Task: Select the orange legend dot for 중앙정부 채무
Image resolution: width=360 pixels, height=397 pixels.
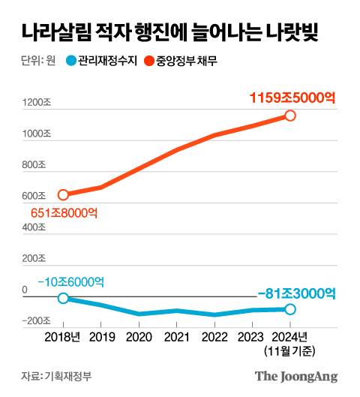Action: pos(148,62)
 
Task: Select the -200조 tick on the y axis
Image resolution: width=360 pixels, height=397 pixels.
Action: pos(36,320)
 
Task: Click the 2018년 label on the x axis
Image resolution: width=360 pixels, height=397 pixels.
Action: pos(66,337)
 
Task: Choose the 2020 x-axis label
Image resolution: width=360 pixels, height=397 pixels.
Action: pos(139,337)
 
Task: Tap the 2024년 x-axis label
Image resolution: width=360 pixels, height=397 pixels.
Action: pos(289,337)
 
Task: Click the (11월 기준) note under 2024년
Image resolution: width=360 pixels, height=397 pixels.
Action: pos(289,350)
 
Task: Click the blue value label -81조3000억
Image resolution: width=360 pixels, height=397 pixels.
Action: pos(295,293)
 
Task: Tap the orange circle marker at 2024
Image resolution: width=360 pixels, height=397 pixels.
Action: pos(290,116)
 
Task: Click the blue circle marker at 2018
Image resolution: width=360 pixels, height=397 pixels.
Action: pos(64,298)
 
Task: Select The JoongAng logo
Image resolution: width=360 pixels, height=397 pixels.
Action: pos(296,376)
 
